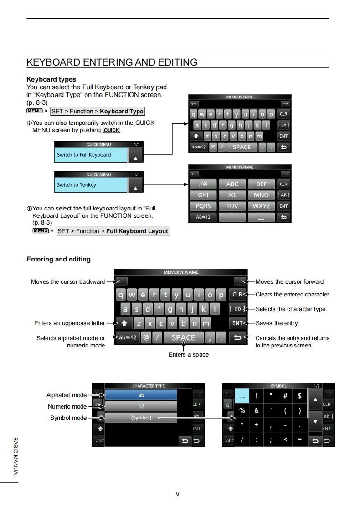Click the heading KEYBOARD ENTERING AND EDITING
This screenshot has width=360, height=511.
[112, 62]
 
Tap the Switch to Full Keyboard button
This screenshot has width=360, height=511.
[90, 155]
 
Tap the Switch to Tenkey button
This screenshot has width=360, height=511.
[90, 185]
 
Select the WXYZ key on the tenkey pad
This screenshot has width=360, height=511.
[261, 206]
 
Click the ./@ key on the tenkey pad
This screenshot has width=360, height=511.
[203, 184]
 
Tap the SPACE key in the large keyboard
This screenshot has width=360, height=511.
[183, 338]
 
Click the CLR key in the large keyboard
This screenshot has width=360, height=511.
[237, 294]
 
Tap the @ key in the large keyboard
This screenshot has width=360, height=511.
[146, 338]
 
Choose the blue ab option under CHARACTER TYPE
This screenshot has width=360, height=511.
[141, 395]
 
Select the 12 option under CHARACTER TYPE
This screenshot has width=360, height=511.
[141, 406]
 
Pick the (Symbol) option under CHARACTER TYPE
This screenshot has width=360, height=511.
[141, 418]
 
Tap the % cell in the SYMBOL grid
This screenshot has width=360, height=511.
[242, 410]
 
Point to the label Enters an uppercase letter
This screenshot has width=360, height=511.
[69, 323]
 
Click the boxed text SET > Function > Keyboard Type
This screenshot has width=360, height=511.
[98, 112]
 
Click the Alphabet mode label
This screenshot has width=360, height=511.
[66, 395]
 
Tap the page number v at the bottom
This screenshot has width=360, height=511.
[178, 494]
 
